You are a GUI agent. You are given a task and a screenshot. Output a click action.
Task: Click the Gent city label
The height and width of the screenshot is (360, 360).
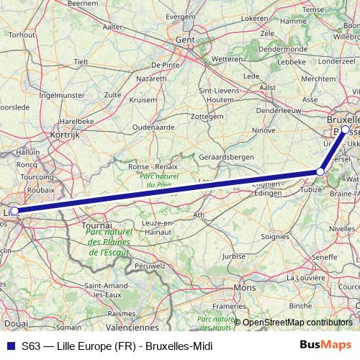pyautogui.click(x=186, y=41)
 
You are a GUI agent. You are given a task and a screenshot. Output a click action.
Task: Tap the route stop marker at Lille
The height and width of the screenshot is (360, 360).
pyautogui.click(x=14, y=211)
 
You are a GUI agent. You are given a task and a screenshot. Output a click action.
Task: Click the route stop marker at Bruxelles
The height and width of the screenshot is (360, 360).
pyautogui.click(x=346, y=130)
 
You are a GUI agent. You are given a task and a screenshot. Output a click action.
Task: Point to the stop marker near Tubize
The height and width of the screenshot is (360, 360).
pyautogui.click(x=320, y=171)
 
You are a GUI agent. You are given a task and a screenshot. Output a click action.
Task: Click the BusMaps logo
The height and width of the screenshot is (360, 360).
pyautogui.click(x=325, y=346)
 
